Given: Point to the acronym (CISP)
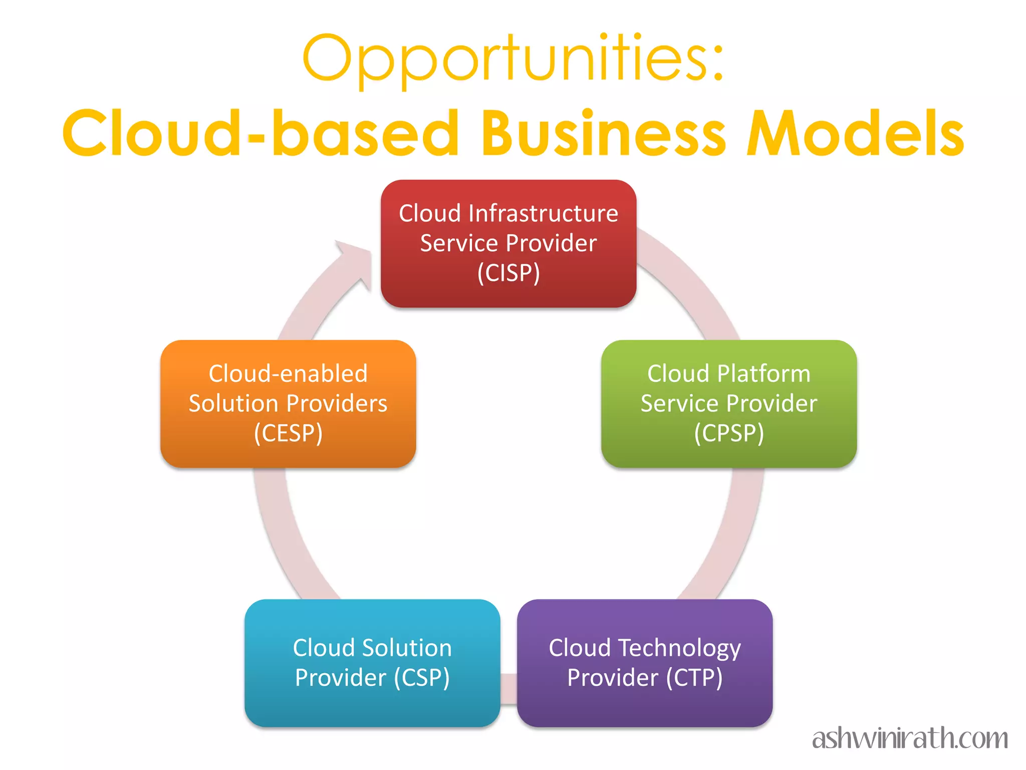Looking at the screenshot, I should pos(508,273).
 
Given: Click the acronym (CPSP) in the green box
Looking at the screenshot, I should pos(729,433).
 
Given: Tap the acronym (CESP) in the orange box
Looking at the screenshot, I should pos(288,433).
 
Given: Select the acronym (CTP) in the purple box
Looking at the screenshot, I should pos(694,678).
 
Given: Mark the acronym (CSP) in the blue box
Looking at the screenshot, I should pos(422,678).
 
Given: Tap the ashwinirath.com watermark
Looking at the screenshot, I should pos(910,739).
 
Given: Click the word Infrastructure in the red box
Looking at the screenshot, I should pos(544,214).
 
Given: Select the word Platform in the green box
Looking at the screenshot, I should pos(763,373).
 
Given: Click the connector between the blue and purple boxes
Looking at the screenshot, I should pos(508,689).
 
